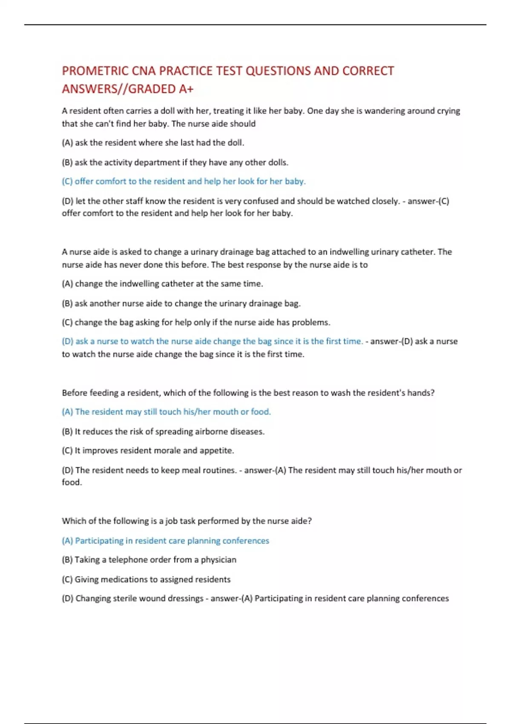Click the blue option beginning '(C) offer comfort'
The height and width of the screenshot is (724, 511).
click(184, 181)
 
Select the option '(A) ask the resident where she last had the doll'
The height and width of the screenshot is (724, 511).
click(153, 143)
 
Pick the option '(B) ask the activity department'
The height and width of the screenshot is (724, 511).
click(175, 162)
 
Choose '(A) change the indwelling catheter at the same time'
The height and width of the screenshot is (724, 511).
click(162, 284)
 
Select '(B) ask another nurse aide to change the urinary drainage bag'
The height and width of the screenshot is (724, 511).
click(181, 303)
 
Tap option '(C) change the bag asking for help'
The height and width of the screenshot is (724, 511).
click(196, 322)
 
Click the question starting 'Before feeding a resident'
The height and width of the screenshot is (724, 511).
click(248, 393)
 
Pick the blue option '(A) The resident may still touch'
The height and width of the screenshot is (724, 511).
click(166, 412)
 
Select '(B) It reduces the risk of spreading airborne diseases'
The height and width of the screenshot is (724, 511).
click(163, 431)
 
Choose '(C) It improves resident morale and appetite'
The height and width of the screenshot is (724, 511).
click(148, 451)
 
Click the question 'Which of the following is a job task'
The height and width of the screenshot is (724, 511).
click(187, 521)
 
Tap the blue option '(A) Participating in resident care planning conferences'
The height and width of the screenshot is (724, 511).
click(165, 541)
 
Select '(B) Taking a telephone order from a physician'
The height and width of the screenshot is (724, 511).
click(149, 560)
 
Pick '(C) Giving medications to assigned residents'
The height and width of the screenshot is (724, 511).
click(146, 579)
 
